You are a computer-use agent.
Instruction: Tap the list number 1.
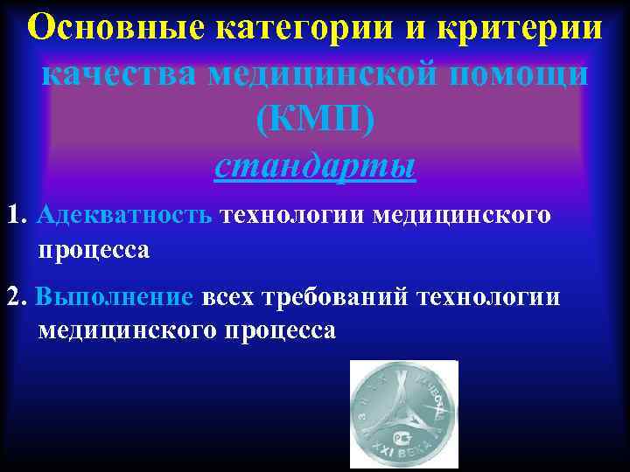tap(15, 215)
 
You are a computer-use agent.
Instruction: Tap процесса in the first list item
tap(94, 250)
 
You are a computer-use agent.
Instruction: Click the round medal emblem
tap(403, 413)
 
